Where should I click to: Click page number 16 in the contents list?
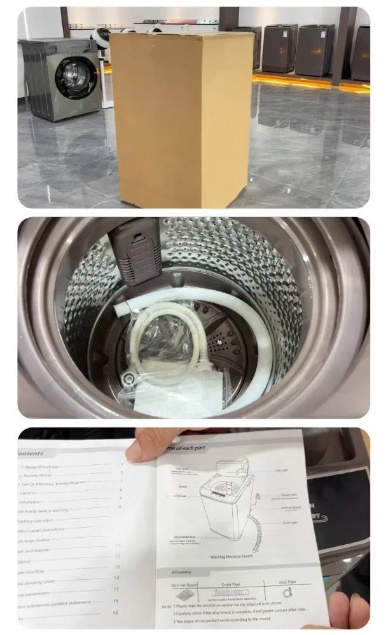pos(115,613)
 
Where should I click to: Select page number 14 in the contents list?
pos(116,578)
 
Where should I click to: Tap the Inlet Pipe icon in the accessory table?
pos(289,594)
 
